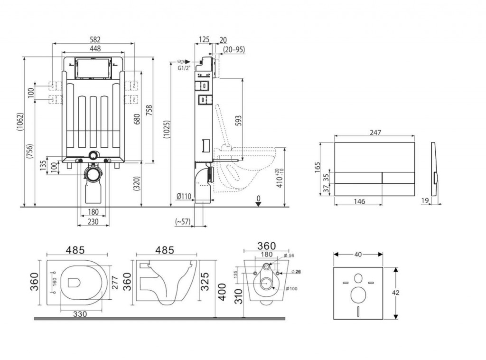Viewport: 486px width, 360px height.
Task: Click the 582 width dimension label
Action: (94, 39)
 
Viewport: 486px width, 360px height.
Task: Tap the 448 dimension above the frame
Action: (94, 48)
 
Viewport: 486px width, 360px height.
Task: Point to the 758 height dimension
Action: (149, 110)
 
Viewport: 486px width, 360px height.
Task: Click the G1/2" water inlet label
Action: (183, 68)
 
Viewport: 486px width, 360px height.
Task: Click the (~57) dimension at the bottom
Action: (183, 221)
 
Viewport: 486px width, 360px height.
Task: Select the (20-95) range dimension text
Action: (234, 49)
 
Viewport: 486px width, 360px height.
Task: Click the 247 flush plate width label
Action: (375, 133)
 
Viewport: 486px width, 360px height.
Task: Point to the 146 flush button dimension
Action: (359, 201)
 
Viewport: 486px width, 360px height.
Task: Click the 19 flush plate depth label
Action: (426, 201)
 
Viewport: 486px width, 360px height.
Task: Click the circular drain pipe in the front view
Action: (93, 174)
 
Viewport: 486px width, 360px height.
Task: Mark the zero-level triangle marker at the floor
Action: (258, 204)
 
